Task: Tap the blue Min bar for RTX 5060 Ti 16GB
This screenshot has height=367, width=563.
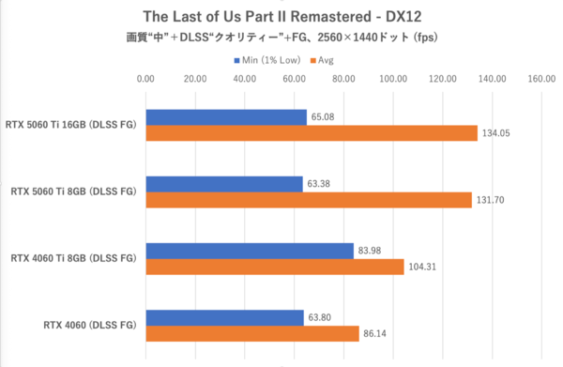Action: (226, 117)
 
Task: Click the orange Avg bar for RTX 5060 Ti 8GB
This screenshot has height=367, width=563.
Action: (309, 200)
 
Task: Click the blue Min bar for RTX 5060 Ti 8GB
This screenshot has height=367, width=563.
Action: (224, 184)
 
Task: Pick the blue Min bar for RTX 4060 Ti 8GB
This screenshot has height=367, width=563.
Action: (250, 250)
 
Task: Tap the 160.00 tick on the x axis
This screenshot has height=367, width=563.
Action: (541, 80)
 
